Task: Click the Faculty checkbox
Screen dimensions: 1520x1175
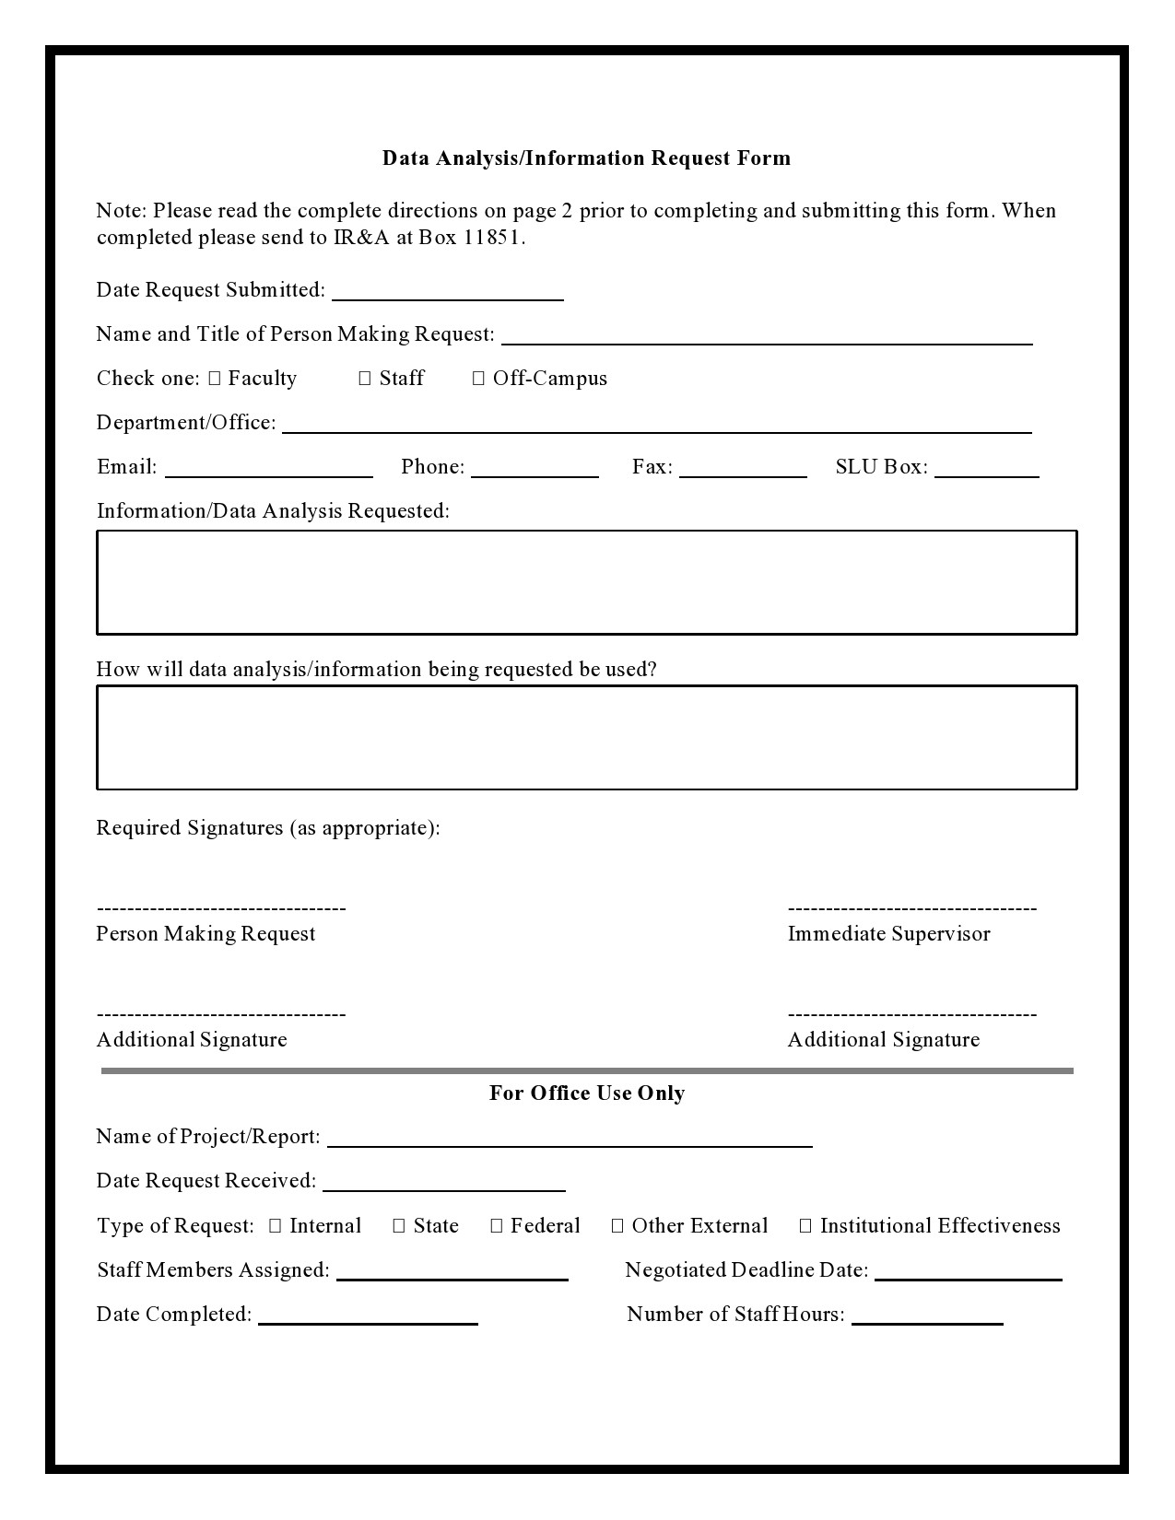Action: pyautogui.click(x=215, y=379)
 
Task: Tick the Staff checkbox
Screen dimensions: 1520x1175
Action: pyautogui.click(x=365, y=379)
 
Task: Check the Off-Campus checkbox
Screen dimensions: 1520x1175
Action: pyautogui.click(x=478, y=379)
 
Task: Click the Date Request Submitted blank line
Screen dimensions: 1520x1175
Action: pyautogui.click(x=447, y=293)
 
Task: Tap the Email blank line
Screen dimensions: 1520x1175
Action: pyautogui.click(x=268, y=470)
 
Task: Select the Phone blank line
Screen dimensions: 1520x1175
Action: pyautogui.click(x=535, y=470)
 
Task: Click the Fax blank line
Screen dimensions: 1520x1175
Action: pyautogui.click(x=743, y=470)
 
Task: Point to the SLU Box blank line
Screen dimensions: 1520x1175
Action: pyautogui.click(x=986, y=470)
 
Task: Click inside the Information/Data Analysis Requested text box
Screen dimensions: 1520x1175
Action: pyautogui.click(x=586, y=582)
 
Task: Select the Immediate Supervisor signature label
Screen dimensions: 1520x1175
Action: pyautogui.click(x=888, y=934)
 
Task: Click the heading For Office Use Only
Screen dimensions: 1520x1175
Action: pyautogui.click(x=586, y=1093)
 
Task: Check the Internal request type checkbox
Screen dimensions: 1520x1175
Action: pyautogui.click(x=276, y=1226)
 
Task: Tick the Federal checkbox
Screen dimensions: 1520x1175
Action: pyautogui.click(x=497, y=1226)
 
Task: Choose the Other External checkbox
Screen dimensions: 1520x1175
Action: pyautogui.click(x=617, y=1226)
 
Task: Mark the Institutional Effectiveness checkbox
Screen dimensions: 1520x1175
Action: pyautogui.click(x=805, y=1226)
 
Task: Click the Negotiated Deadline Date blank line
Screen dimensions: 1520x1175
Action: pyautogui.click(x=968, y=1273)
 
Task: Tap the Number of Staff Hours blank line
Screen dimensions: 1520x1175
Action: pyautogui.click(x=927, y=1317)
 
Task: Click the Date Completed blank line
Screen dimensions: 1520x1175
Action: pyautogui.click(x=368, y=1317)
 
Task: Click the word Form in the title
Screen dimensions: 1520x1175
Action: pyautogui.click(x=764, y=158)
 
